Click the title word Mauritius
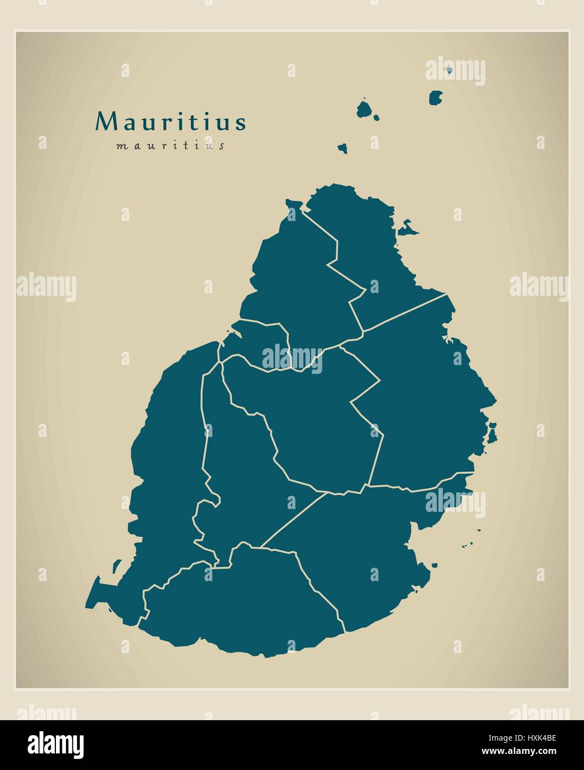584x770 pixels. coord(170,122)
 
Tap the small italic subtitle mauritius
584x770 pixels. coord(170,146)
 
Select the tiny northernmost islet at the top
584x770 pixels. coord(449,70)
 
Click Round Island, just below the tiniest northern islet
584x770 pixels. coord(436,98)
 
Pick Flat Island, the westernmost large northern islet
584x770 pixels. coord(364,109)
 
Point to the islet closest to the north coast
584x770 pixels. coord(343,148)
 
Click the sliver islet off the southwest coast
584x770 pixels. coord(116,566)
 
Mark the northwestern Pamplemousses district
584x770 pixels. coord(293,277)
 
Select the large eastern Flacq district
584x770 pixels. coord(426,399)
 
